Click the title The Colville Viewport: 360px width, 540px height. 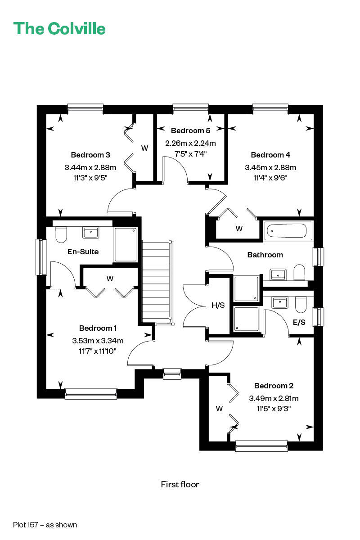click(59, 28)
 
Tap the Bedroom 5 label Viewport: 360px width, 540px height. click(190, 130)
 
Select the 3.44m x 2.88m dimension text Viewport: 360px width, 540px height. click(90, 167)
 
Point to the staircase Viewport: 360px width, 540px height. click(157, 283)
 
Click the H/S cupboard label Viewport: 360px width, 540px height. click(218, 305)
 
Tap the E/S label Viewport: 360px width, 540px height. click(299, 322)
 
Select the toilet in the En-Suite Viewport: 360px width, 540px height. click(61, 234)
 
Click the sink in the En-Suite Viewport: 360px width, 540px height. click(90, 233)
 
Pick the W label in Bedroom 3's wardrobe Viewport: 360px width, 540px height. click(145, 148)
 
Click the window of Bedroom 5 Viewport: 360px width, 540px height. click(191, 109)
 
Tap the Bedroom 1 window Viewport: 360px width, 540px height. click(91, 393)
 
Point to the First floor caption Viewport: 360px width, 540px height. click(180, 484)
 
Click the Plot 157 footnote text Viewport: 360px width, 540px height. click(45, 525)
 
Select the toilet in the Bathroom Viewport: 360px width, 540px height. click(299, 273)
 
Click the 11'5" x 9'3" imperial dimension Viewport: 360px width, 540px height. click(274, 409)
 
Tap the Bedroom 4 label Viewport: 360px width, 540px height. click(270, 155)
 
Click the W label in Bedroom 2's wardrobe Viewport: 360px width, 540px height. click(219, 409)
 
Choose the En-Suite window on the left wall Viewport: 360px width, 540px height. click(41, 257)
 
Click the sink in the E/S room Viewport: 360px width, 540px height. click(280, 302)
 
